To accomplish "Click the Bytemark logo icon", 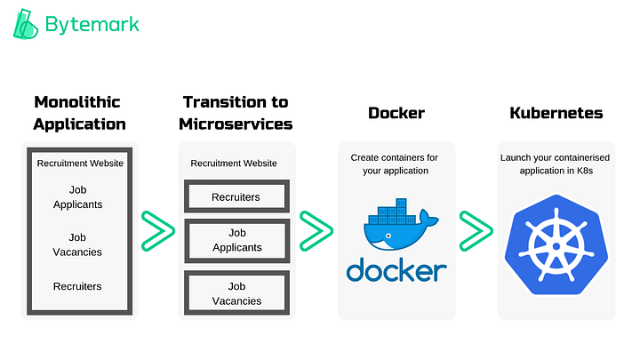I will pos(28,25).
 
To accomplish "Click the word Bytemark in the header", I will pos(92,25).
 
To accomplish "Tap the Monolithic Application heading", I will pos(79,113).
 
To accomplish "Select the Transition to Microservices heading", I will pos(236,113).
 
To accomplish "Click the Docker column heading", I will pos(396,114).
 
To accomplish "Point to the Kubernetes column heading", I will pos(556,114).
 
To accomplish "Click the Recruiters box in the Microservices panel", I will pos(236,196).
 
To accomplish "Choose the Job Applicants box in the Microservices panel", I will pos(236,241).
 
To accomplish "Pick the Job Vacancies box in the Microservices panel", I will pos(236,293).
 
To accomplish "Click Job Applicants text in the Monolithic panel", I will pos(79,196).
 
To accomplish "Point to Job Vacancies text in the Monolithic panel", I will pos(79,244).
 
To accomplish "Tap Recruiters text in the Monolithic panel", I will pos(79,286).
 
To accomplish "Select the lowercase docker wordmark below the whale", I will pos(396,270).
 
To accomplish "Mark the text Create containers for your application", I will pos(396,164).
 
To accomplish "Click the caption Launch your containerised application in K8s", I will pos(556,164).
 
